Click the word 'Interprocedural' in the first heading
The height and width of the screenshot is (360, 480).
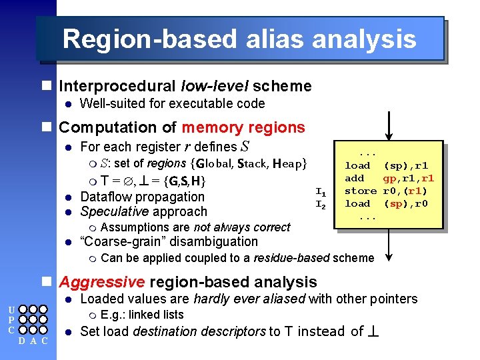(118, 86)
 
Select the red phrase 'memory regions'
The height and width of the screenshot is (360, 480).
(243, 127)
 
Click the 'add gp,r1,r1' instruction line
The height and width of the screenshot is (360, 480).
(389, 178)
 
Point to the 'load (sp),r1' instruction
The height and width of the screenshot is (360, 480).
(386, 165)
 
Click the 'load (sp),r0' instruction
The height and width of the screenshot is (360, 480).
(386, 203)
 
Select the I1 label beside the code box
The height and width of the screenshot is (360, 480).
(320, 192)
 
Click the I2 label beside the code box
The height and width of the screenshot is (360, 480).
(320, 204)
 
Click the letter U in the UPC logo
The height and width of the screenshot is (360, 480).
(11, 309)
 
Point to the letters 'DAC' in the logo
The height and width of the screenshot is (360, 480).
(31, 342)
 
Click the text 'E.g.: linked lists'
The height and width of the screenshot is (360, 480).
(142, 315)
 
